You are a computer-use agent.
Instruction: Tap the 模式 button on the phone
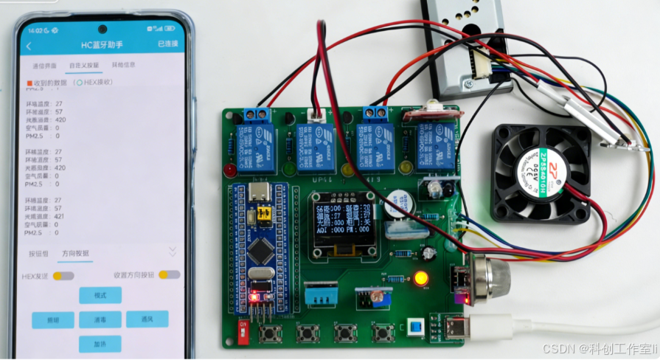pyautogui.click(x=100, y=295)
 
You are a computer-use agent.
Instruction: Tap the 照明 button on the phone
pyautogui.click(x=52, y=319)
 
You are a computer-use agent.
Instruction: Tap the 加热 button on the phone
pyautogui.click(x=100, y=344)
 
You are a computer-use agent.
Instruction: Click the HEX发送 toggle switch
pyautogui.click(x=63, y=275)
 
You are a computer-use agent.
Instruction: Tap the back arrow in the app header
pyautogui.click(x=29, y=46)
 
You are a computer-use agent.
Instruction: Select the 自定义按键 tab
pyautogui.click(x=83, y=65)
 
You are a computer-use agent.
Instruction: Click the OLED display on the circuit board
pyautogui.click(x=341, y=224)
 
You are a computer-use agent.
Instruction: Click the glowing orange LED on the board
pyautogui.click(x=421, y=279)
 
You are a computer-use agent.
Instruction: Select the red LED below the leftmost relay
pyautogui.click(x=231, y=170)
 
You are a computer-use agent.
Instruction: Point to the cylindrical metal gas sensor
pyautogui.click(x=491, y=274)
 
